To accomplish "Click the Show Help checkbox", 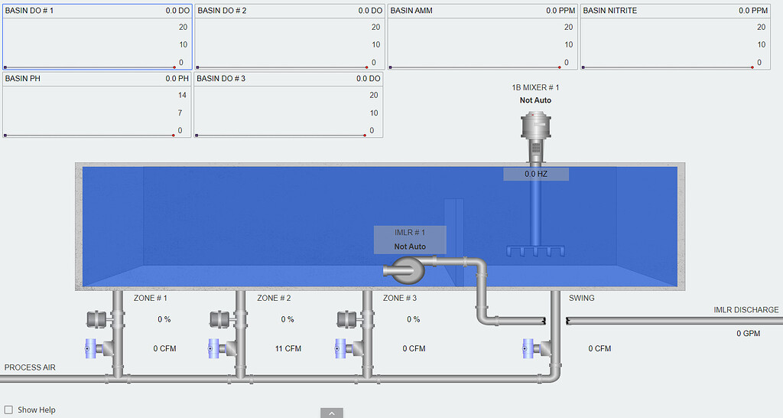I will point(9,410).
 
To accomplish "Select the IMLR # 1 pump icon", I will point(404,268).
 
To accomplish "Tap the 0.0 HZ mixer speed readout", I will point(535,175).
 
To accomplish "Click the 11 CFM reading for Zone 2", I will point(288,349).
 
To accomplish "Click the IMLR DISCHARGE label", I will point(746,310).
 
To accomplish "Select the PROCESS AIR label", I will point(30,367).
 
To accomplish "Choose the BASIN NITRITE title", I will point(610,11).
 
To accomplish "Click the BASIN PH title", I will point(23,78).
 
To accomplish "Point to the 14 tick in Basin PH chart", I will point(182,95).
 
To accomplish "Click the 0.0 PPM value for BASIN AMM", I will point(561,11).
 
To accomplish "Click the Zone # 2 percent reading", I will point(288,319).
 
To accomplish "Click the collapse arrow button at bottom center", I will point(331,413).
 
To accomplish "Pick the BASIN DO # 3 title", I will point(222,78).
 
